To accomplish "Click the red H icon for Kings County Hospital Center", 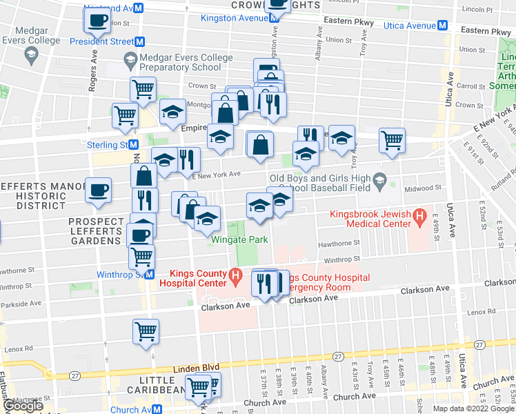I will tap(236, 277).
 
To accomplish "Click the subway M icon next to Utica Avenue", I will tap(442, 26).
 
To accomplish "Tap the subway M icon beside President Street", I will tap(139, 41).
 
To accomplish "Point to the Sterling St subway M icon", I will tap(135, 145).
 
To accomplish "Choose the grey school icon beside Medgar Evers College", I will tap(31, 54).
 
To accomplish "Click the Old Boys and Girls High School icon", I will tap(379, 182).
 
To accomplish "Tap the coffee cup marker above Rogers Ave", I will tap(98, 21).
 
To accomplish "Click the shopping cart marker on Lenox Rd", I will tap(146, 333).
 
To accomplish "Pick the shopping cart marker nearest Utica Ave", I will tap(391, 140).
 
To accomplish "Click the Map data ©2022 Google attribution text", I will tap(473, 408).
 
